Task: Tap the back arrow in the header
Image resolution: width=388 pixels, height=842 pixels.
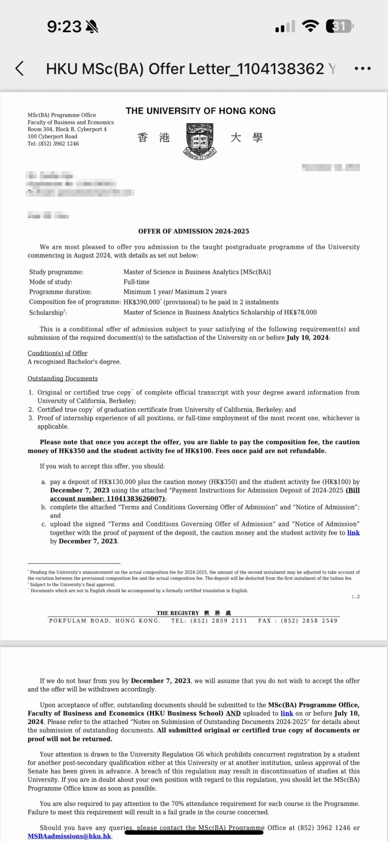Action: pos(20,68)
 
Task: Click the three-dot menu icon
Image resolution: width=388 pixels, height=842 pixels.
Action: pos(363,69)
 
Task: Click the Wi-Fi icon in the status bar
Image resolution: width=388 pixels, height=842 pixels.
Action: pos(310,26)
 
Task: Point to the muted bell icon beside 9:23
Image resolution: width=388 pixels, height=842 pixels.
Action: pos(92,27)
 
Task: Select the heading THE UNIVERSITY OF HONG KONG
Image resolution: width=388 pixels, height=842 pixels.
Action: pos(200,111)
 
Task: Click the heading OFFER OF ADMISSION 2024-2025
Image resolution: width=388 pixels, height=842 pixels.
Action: pos(194,231)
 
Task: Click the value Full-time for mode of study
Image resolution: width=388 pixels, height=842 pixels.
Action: pos(136,282)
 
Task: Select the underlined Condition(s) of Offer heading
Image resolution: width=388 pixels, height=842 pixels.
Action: pos(57,353)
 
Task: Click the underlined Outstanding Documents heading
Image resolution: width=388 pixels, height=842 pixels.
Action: pos(62,379)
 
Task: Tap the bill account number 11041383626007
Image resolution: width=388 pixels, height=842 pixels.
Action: pos(135,499)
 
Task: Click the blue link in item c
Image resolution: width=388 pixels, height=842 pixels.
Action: pos(353,532)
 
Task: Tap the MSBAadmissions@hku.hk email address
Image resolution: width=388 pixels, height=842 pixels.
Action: pos(69,836)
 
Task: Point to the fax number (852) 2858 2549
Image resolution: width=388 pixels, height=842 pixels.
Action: pos(309,621)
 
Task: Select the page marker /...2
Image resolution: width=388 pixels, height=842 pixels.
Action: pos(355,597)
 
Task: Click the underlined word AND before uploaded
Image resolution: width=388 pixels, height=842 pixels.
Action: pos(233,713)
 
